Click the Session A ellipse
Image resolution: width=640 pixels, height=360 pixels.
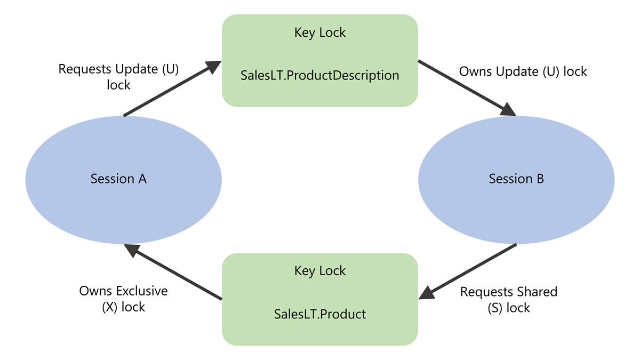point(123,179)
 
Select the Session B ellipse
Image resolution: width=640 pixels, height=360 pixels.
point(516,179)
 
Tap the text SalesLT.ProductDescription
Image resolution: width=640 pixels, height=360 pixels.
point(320,75)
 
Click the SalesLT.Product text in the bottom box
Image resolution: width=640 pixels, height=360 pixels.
point(320,314)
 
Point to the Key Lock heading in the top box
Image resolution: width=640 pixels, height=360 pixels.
point(320,33)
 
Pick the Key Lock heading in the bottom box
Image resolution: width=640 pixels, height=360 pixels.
point(320,271)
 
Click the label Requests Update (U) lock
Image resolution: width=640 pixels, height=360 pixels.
point(118,77)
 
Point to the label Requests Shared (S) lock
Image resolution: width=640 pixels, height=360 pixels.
point(508,300)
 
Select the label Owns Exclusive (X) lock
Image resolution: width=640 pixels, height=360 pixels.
point(123,299)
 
